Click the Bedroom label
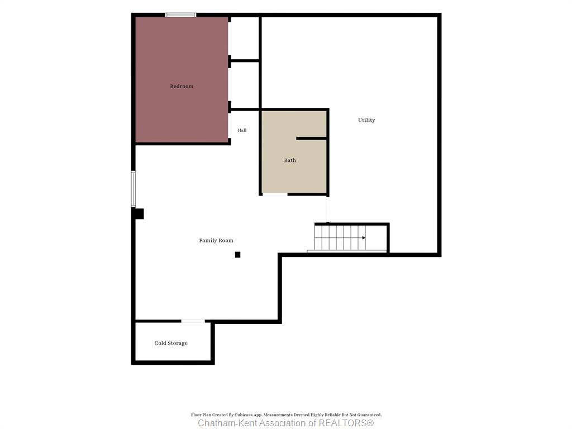[182, 87]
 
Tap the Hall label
[242, 130]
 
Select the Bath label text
[290, 160]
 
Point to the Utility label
[366, 120]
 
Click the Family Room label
[216, 240]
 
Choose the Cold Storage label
[171, 344]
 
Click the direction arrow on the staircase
[363, 238]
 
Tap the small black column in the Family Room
[237, 255]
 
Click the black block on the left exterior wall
[139, 214]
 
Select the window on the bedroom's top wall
[180, 15]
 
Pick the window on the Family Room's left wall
[133, 189]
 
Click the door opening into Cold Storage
[193, 321]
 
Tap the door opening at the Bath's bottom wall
[275, 194]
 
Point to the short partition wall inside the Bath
[311, 139]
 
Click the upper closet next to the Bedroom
[245, 38]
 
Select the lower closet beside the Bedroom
[245, 85]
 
